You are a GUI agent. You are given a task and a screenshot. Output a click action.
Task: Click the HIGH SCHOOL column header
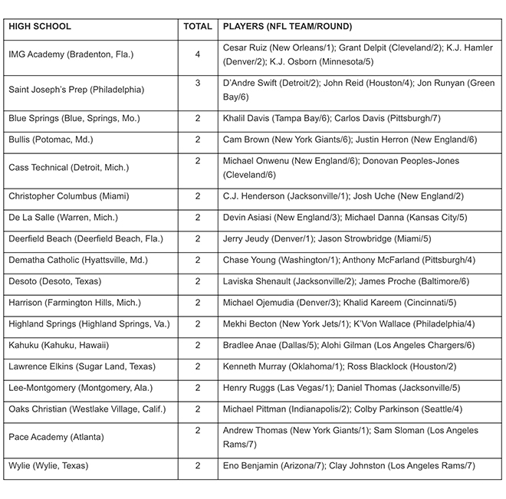click(x=40, y=26)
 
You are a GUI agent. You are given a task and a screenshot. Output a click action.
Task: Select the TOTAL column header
click(x=197, y=26)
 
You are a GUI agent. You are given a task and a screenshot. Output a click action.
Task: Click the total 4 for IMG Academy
click(x=197, y=54)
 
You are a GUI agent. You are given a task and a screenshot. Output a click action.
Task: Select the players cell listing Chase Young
click(x=350, y=260)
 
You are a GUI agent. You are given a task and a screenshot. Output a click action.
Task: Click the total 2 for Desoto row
click(x=197, y=281)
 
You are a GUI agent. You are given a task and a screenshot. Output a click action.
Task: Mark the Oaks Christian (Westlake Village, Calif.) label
click(x=87, y=409)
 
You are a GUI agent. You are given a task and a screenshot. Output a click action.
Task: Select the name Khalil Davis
click(x=247, y=118)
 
